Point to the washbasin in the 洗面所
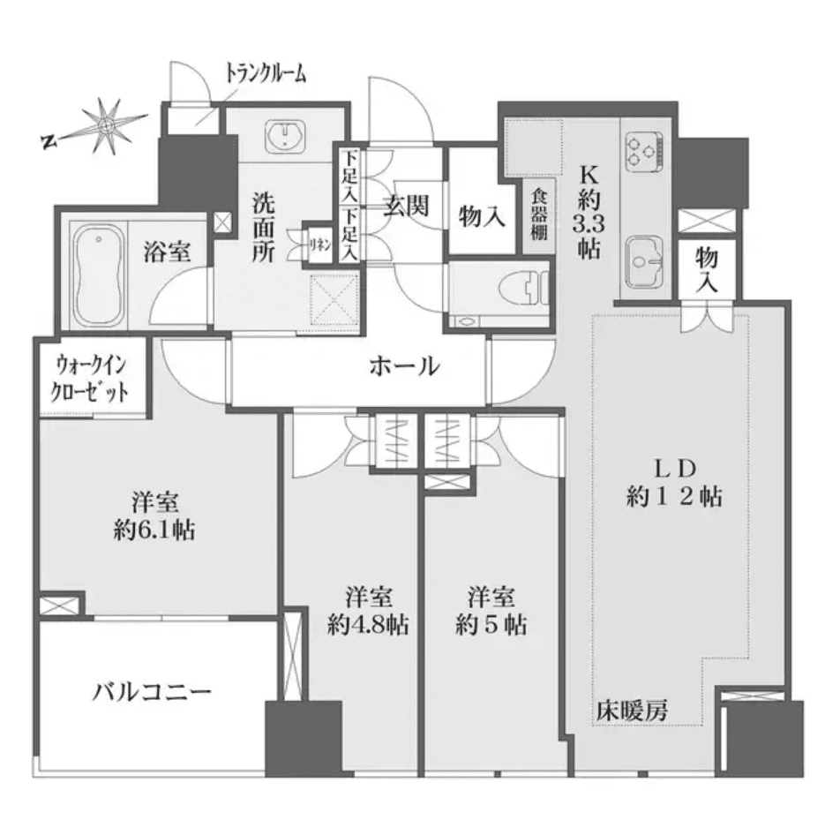[x=284, y=137]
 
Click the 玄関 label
[x=407, y=207]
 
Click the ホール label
[x=404, y=365]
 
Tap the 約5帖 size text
[x=492, y=625]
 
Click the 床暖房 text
[x=630, y=709]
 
